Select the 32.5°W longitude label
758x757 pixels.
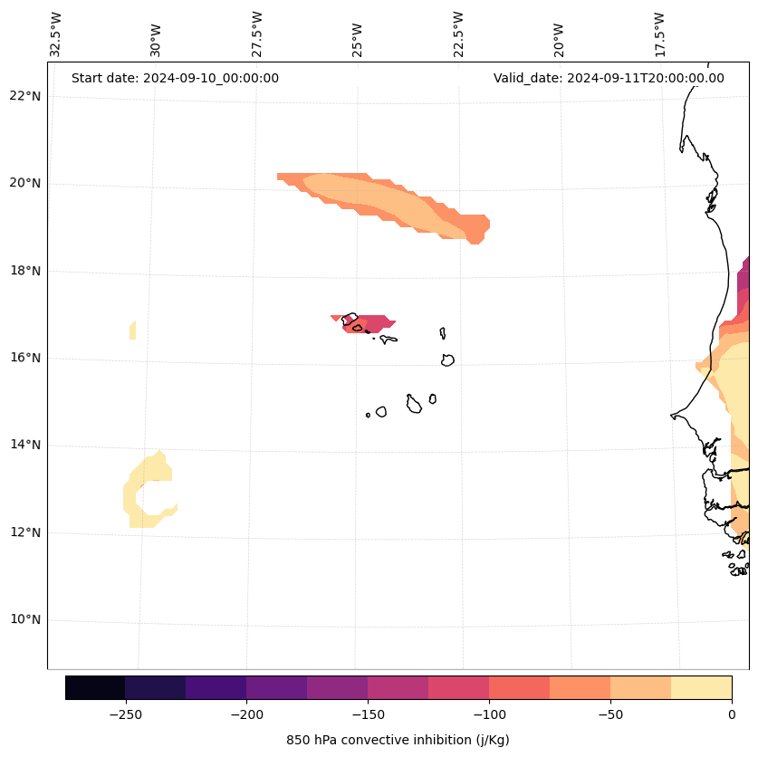click(x=56, y=34)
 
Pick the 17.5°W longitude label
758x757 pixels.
click(x=660, y=34)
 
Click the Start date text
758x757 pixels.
click(x=175, y=78)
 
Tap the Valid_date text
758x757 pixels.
click(x=609, y=78)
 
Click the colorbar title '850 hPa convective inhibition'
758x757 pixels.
click(x=398, y=741)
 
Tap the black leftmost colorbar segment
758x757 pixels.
click(x=95, y=687)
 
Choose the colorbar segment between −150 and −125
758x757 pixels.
click(x=398, y=687)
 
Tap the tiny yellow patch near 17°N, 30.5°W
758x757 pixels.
click(x=133, y=330)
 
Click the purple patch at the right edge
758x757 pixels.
click(x=744, y=274)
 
